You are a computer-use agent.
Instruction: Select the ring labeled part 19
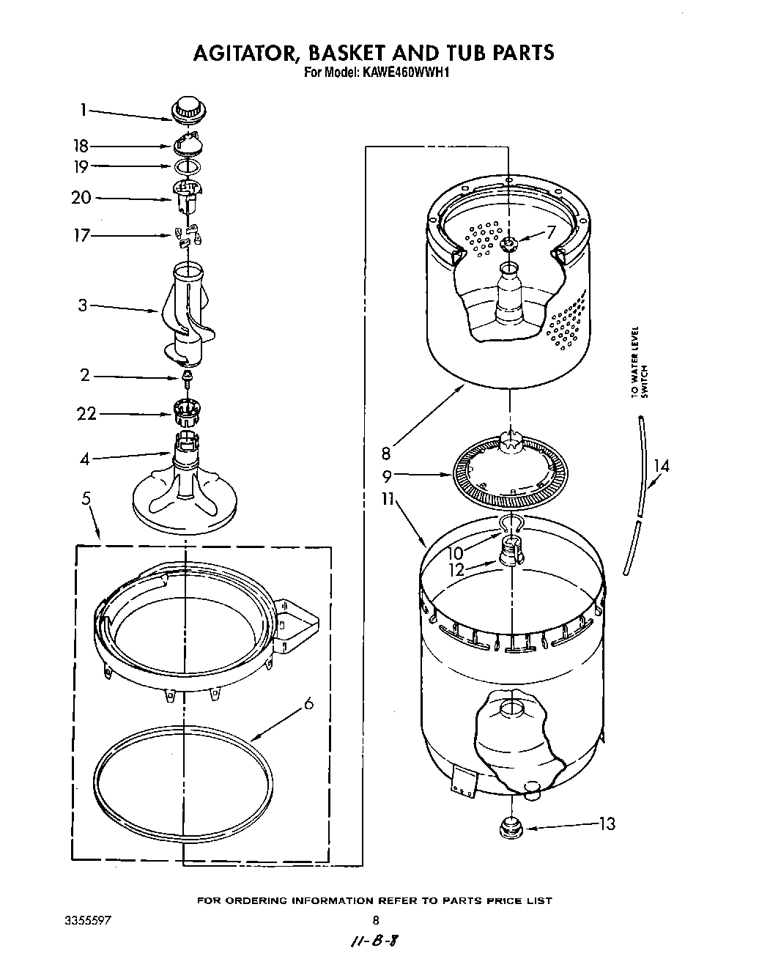[x=188, y=167]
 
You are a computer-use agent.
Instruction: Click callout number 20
[x=82, y=198]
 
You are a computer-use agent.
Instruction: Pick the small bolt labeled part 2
[x=188, y=378]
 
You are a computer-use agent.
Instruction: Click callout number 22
[x=86, y=414]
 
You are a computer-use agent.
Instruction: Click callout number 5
[x=87, y=499]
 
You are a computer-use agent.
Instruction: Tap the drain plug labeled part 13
[x=509, y=829]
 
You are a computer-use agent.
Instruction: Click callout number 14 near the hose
[x=661, y=465]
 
